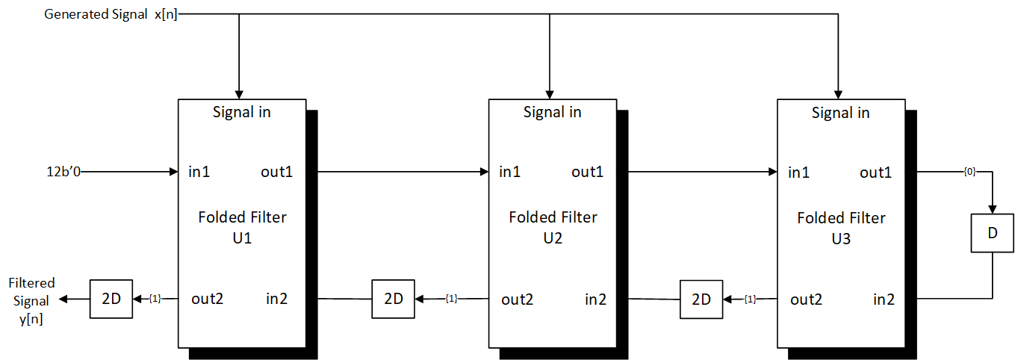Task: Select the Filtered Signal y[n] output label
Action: click(x=31, y=301)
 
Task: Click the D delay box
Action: click(x=992, y=232)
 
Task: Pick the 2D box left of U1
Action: click(x=111, y=299)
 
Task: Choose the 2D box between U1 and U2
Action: click(x=393, y=299)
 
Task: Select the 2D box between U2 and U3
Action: click(x=701, y=299)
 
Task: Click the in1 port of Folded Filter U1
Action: click(x=199, y=173)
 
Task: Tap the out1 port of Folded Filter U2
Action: click(x=588, y=173)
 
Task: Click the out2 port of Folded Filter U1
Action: click(x=207, y=300)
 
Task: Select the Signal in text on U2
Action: click(x=552, y=113)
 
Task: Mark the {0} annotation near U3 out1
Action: click(x=969, y=173)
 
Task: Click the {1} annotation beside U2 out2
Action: click(x=451, y=299)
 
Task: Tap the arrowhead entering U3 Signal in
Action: click(x=838, y=93)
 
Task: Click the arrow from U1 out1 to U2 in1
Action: click(x=396, y=173)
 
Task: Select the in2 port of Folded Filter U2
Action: click(x=595, y=300)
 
